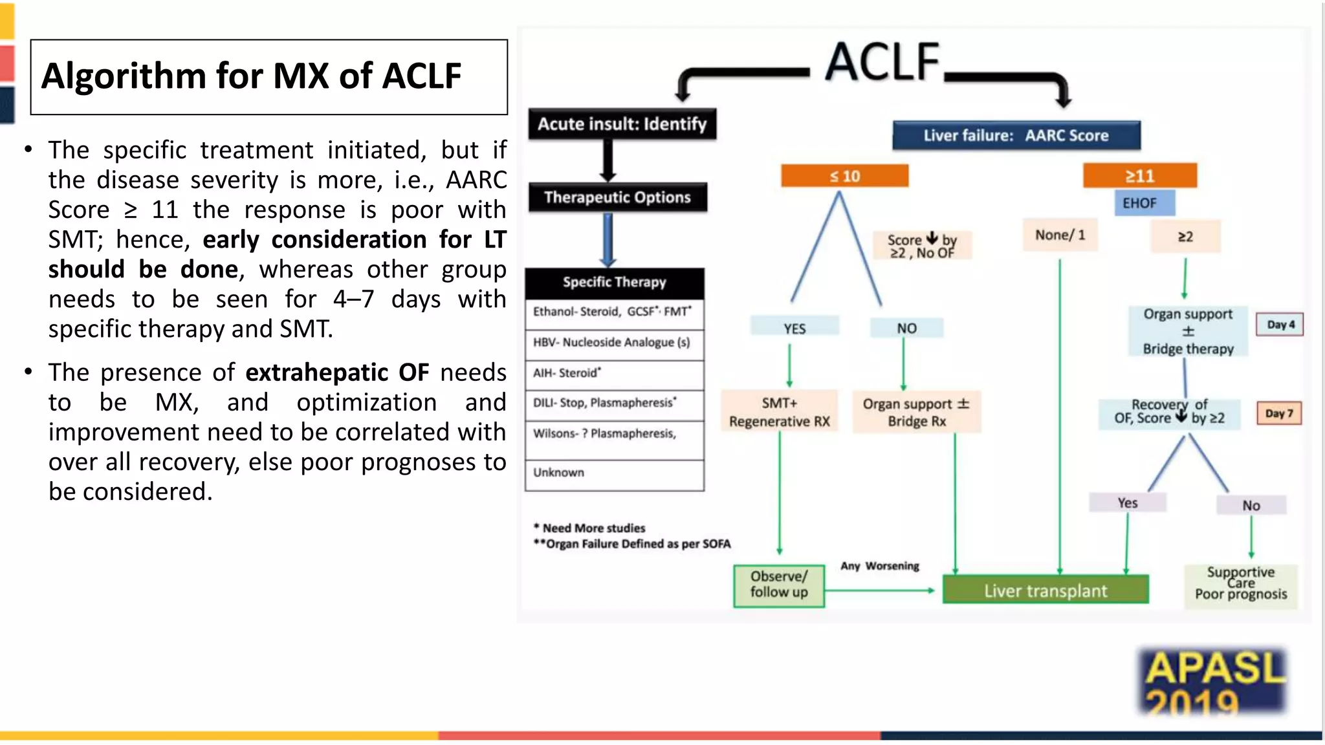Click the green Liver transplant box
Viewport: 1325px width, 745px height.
1045,590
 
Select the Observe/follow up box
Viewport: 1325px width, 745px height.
779,585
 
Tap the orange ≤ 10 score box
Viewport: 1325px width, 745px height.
844,176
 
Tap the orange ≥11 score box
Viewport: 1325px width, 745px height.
1139,176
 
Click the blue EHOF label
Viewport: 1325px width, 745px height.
1139,203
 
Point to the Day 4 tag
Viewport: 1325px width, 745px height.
1280,325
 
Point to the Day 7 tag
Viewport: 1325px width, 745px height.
1278,413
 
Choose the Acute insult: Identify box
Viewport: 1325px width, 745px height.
622,124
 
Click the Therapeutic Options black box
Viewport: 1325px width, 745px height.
617,197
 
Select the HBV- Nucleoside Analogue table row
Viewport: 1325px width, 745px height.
614,343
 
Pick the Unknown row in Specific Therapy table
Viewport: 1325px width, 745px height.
614,473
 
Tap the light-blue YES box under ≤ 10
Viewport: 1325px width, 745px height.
794,328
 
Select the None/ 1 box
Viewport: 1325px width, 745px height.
1060,235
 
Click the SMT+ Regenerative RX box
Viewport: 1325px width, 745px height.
779,412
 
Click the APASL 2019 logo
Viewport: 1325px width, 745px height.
1212,683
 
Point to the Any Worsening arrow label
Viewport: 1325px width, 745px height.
879,566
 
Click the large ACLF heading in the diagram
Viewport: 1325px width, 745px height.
883,63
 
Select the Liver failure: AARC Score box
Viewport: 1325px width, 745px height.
1016,136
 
